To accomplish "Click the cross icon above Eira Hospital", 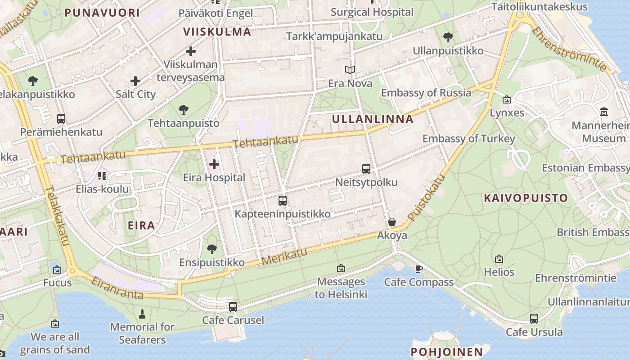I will (214, 164).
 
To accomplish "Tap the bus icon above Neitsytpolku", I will (366, 169).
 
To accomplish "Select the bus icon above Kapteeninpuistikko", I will (283, 201).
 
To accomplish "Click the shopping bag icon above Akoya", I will (392, 222).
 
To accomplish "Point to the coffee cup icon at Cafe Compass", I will (419, 269).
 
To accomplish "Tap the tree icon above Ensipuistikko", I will (212, 249).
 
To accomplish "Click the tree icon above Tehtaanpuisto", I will (183, 109).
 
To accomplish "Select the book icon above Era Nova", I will (350, 70).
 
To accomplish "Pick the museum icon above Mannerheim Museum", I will (603, 111).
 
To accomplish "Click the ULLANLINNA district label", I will (372, 119).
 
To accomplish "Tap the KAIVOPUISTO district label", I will (526, 198).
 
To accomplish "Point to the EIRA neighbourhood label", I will (141, 225).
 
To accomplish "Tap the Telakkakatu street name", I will (58, 216).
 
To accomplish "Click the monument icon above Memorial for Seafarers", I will (143, 314).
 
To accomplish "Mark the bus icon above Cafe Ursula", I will (534, 319).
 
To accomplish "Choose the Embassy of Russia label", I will (426, 93).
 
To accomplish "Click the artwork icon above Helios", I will (499, 259).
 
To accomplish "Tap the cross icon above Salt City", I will (135, 81).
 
